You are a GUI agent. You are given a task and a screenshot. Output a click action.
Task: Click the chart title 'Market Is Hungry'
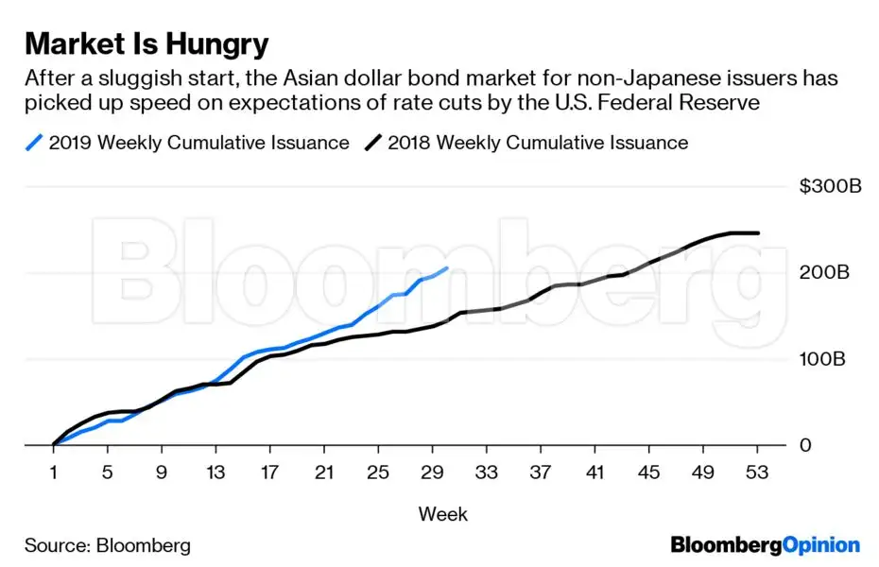(146, 43)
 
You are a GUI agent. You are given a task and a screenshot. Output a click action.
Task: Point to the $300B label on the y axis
(830, 187)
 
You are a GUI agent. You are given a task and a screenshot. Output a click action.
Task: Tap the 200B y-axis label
(824, 273)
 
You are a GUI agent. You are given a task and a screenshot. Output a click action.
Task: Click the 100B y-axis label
(824, 359)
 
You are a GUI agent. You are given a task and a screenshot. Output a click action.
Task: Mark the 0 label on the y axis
(805, 445)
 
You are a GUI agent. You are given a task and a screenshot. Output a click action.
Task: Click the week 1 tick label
(54, 472)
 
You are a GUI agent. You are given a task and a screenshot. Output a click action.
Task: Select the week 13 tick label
(216, 472)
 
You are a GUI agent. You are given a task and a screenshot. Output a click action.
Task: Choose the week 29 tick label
(434, 472)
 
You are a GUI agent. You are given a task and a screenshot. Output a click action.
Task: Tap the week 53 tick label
(759, 472)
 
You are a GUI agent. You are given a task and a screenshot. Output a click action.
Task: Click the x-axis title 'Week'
(442, 514)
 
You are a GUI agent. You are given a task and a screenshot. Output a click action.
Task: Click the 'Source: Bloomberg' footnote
(107, 545)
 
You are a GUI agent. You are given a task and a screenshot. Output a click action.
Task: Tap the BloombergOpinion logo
(765, 545)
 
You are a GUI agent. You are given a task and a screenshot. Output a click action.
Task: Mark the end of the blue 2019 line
(447, 268)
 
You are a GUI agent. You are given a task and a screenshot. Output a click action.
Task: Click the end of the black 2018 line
(759, 232)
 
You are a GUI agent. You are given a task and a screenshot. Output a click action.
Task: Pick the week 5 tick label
(108, 472)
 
